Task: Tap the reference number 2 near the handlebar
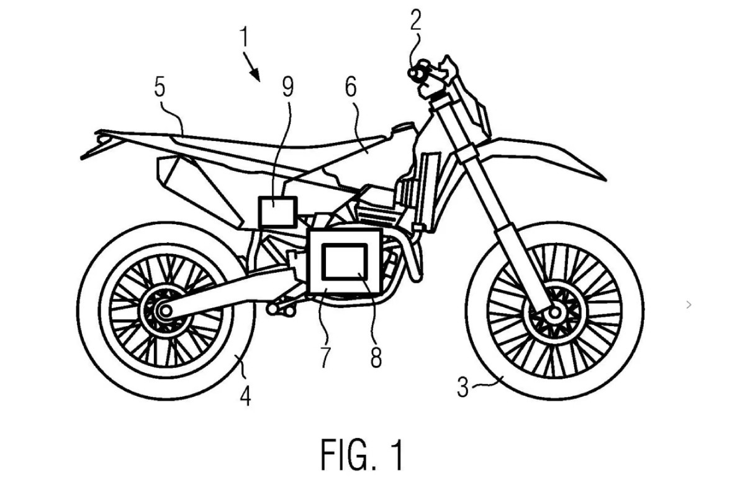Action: click(415, 21)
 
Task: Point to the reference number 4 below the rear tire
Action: click(246, 395)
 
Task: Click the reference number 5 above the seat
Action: click(160, 88)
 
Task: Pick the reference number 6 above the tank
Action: click(351, 88)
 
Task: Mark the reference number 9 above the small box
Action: click(287, 88)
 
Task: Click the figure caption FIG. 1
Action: click(363, 455)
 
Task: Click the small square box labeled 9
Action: click(278, 211)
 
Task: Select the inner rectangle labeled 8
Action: click(345, 260)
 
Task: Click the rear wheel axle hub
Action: click(164, 309)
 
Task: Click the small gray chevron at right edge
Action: click(689, 304)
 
